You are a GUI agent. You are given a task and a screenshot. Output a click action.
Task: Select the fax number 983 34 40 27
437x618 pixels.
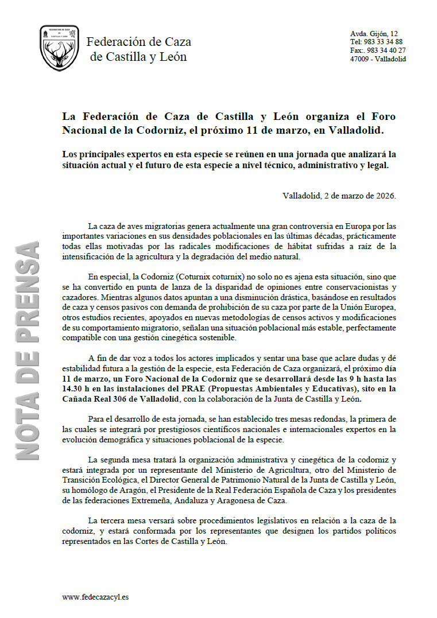click(385, 50)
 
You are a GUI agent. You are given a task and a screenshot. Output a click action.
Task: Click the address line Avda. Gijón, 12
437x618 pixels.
click(374, 34)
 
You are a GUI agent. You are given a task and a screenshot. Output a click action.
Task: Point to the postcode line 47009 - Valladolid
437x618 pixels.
click(378, 59)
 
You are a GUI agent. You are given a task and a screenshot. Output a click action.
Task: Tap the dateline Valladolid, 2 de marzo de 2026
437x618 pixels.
click(339, 195)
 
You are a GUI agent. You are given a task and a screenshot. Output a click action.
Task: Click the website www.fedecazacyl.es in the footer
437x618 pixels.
click(95, 597)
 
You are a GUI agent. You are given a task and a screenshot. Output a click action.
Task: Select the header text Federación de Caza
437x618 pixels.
click(138, 42)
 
